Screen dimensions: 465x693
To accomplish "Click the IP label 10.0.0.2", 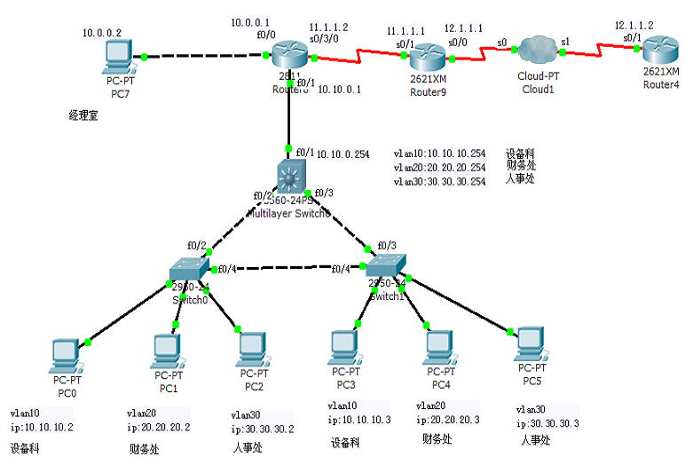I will coord(102,33).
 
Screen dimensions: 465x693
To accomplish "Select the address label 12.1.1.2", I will coord(634,27).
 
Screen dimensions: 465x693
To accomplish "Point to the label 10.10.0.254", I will coord(343,154).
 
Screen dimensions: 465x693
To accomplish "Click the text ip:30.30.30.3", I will coord(547,424).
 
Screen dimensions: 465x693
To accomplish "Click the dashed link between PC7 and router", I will coord(204,58).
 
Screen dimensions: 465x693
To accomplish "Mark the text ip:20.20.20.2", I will coord(159,426).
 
